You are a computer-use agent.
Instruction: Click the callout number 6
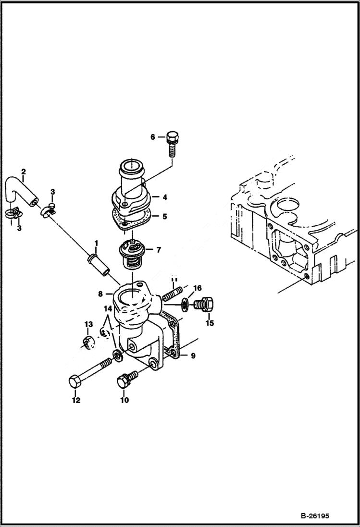[x=153, y=137]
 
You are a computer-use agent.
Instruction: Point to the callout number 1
[x=96, y=244]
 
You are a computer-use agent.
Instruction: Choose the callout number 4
[x=164, y=197]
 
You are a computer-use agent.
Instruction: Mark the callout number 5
[x=164, y=217]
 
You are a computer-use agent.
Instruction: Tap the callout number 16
[x=197, y=288]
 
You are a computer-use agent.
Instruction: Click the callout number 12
[x=76, y=400]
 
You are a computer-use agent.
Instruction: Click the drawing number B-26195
[x=315, y=516]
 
